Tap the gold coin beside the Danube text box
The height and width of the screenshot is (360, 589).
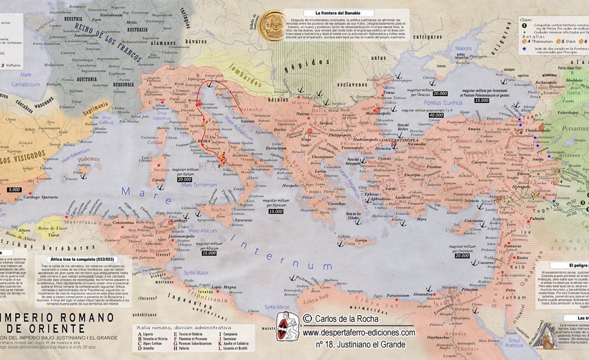[272, 25]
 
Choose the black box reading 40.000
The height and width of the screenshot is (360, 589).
[436, 116]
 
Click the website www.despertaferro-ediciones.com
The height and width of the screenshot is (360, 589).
[358, 332]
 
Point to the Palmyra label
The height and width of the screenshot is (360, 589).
[537, 218]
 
